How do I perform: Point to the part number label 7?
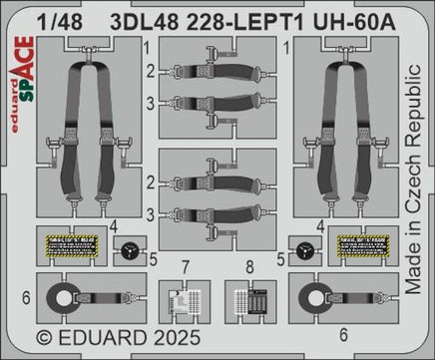[185, 265]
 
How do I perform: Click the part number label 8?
[247, 265]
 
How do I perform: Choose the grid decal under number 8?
[248, 298]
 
